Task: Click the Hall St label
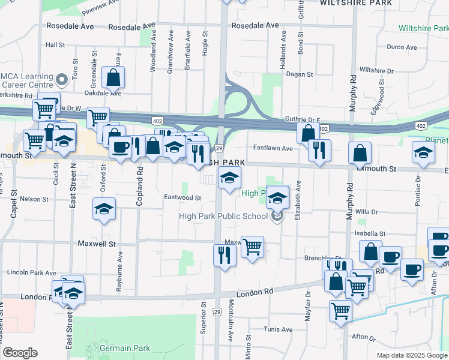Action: tap(55, 45)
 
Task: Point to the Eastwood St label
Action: tap(182, 197)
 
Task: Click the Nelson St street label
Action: tap(34, 199)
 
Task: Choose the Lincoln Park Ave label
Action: tap(31, 272)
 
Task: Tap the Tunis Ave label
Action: tap(279, 329)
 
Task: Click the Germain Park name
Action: tap(124, 348)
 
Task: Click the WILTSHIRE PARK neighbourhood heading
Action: tap(351, 3)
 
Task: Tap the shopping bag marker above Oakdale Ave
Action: tap(113, 77)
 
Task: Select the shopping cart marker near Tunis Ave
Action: tap(341, 311)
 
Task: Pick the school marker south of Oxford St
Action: tap(104, 209)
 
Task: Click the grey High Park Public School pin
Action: tap(277, 217)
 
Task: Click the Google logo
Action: tap(20, 353)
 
